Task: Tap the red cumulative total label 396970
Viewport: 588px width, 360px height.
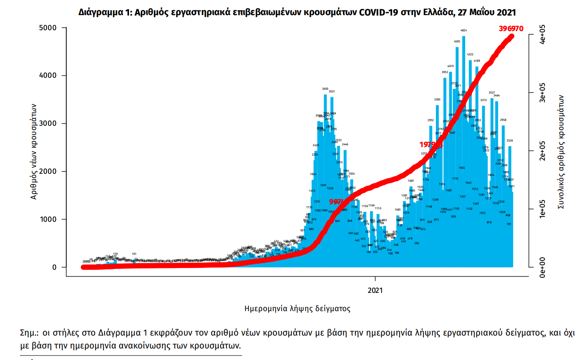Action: (x=511, y=28)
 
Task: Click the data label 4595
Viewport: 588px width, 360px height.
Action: (x=457, y=41)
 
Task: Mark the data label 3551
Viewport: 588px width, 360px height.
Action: (x=331, y=91)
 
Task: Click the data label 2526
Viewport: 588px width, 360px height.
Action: (x=510, y=141)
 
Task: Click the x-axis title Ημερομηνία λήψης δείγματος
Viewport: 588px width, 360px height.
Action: (x=298, y=308)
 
